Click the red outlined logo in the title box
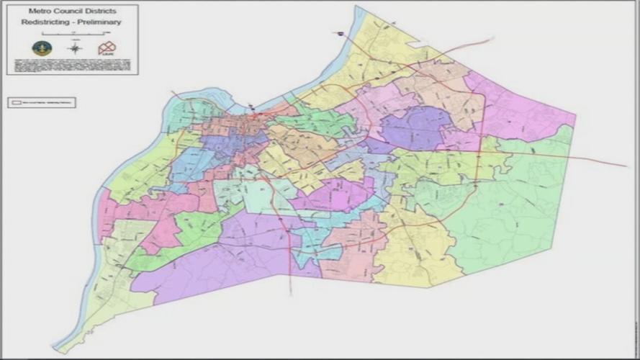(x=107, y=48)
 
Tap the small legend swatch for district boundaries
(x=16, y=103)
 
